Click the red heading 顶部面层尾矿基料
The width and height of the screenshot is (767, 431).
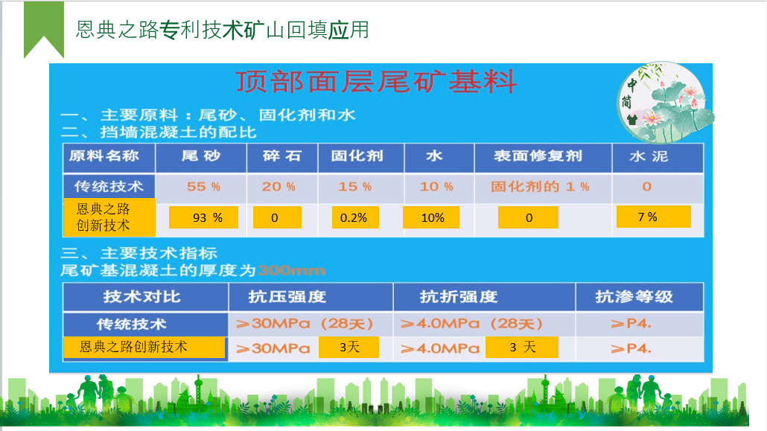point(375,82)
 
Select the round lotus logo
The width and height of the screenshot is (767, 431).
point(663,102)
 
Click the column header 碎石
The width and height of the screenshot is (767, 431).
point(281,156)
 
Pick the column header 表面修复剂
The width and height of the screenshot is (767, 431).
point(538,156)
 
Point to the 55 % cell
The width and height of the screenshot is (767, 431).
point(203,186)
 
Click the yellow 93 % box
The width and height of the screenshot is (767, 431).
point(203,217)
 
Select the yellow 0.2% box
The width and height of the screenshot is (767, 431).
point(355,217)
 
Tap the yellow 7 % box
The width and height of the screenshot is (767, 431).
point(654,216)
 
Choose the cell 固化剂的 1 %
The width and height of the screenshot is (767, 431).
point(540,186)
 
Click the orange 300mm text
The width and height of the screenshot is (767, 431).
point(291,270)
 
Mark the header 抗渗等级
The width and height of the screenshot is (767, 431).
point(634,296)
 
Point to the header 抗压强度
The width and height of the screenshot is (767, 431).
point(287,296)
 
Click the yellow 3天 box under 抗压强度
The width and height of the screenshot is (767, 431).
point(349,347)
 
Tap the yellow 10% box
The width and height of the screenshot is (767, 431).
point(431,217)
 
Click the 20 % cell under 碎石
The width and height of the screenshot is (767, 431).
point(279,186)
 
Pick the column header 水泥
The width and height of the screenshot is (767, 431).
point(649,156)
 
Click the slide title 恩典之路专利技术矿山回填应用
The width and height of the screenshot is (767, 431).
point(223,30)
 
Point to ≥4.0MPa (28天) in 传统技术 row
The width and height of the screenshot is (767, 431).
point(471,323)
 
